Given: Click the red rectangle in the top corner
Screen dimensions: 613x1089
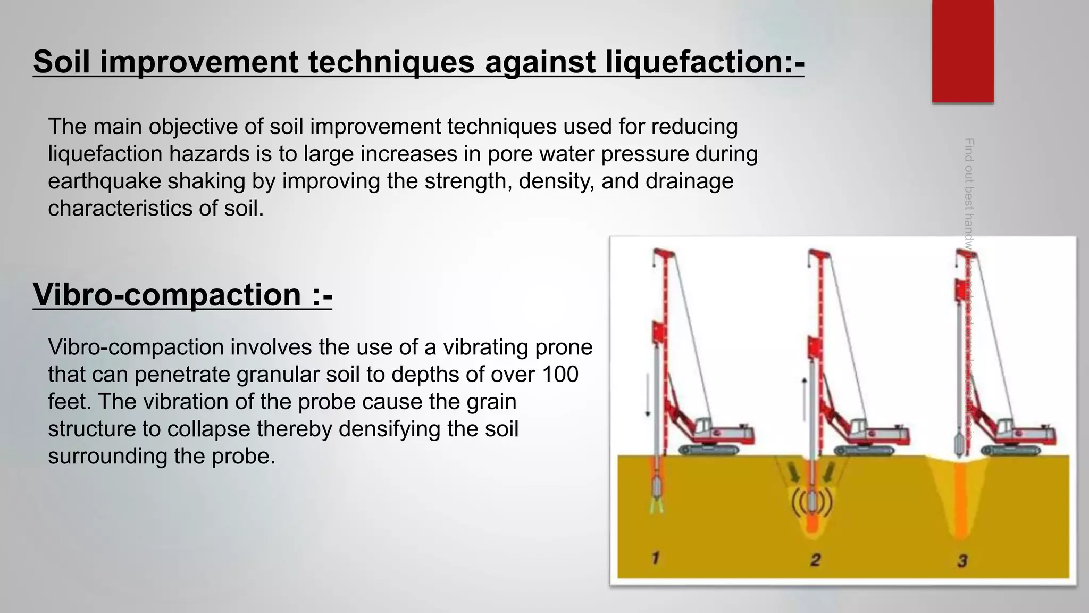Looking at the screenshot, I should tap(962, 51).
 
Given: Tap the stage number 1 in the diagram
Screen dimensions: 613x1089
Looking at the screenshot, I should tap(656, 558).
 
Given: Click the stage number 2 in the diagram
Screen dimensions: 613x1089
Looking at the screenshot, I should tap(815, 559).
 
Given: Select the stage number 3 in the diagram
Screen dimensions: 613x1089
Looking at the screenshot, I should tap(962, 560).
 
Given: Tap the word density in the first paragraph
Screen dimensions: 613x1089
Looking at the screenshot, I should tap(556, 181).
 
